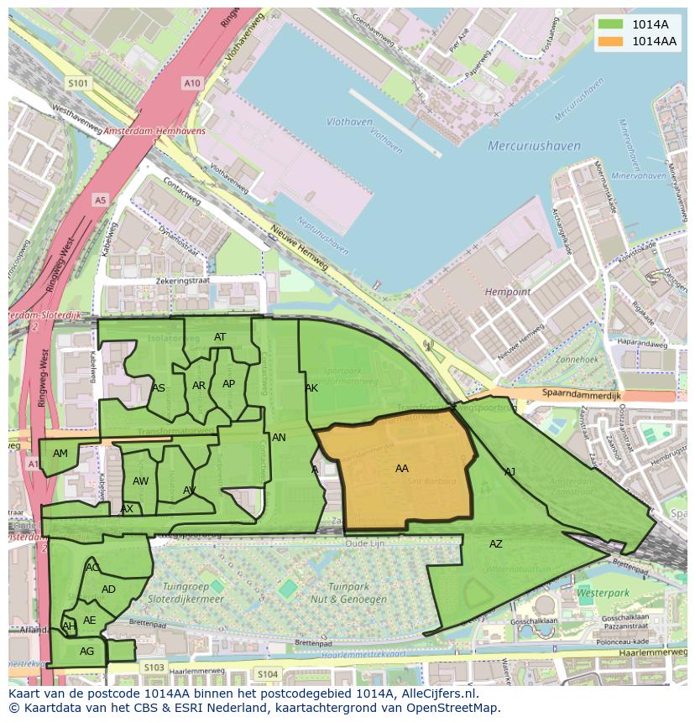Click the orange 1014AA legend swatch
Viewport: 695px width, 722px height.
click(x=612, y=41)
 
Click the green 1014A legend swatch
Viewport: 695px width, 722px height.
click(x=612, y=24)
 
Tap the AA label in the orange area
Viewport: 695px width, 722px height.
click(x=402, y=469)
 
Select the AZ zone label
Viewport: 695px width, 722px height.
click(x=496, y=544)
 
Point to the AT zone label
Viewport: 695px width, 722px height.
click(x=220, y=337)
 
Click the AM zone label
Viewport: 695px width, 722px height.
click(x=60, y=454)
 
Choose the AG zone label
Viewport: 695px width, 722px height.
click(x=86, y=652)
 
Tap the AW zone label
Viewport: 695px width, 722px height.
click(x=140, y=481)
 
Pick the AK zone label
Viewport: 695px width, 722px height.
click(x=311, y=388)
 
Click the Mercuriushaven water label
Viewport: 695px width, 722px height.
click(x=534, y=146)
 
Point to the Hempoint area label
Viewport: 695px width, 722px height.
click(x=508, y=292)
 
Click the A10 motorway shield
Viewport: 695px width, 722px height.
click(x=192, y=82)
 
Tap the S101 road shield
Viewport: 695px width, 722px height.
click(x=78, y=83)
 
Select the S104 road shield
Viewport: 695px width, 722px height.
click(x=267, y=674)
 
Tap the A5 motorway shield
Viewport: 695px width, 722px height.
click(x=101, y=200)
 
